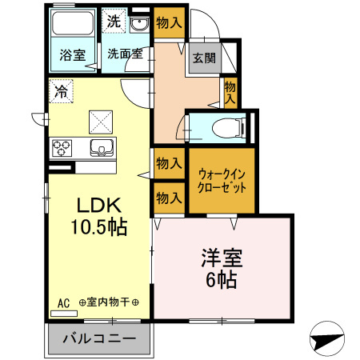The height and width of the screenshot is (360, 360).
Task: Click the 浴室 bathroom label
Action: pos(72,55)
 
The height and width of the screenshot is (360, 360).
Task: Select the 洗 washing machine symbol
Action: pos(114,22)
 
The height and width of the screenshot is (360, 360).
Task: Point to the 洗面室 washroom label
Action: pos(125,55)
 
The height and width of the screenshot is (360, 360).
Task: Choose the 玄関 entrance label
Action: pos(204,58)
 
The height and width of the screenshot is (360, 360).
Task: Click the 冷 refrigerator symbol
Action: pos(61,92)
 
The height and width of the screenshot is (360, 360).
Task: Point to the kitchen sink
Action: pos(102,147)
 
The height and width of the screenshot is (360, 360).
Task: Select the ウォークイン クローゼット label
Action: pos(222,180)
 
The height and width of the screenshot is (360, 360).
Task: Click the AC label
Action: pos(64,302)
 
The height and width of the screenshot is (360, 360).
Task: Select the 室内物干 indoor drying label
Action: pos(109,302)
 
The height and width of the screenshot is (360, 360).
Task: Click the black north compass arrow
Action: pos(327,340)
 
